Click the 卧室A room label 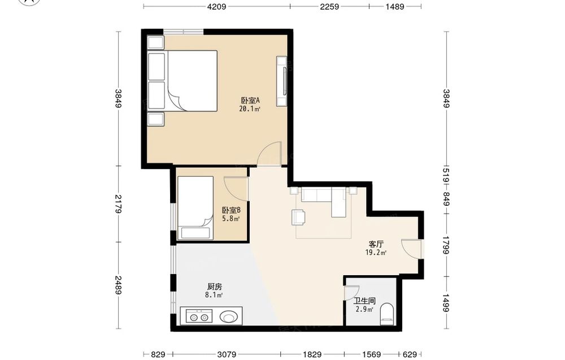coord(250,100)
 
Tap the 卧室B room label coord(231,210)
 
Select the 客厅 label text coord(376,244)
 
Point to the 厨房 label coord(214,287)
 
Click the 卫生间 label coord(364,301)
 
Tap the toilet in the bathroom coord(388,312)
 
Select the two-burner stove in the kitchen coord(199,316)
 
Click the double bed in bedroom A coord(182,81)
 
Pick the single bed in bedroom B coord(195,208)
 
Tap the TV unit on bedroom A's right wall coord(282,81)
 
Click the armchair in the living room coord(299,217)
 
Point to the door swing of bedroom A coord(269,154)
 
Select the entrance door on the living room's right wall coord(411,249)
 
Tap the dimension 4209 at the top coord(217,6)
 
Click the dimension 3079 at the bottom coord(227,354)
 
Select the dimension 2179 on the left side coord(118,204)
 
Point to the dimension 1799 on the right coord(446,245)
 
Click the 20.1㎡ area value coord(250,109)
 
